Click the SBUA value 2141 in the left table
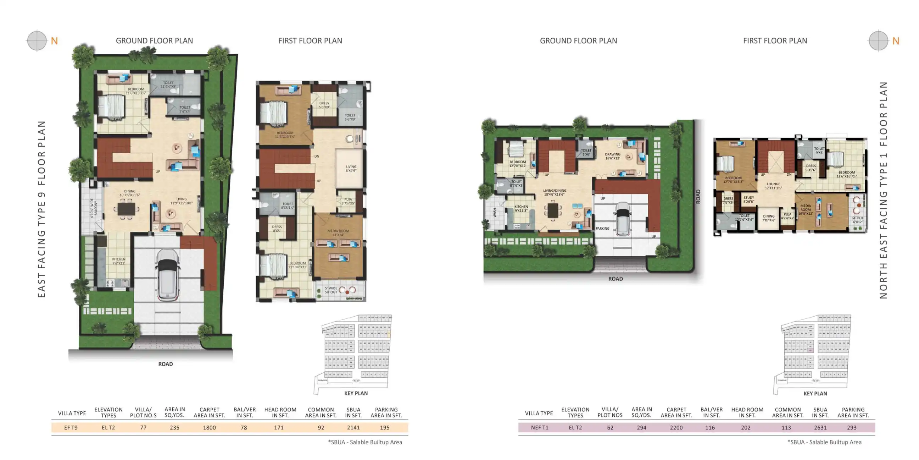click(x=353, y=427)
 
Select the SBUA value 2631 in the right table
click(x=820, y=427)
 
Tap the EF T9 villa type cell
click(x=71, y=427)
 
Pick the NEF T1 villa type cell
click(x=539, y=427)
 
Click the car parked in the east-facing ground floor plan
click(x=167, y=274)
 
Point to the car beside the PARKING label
click(x=623, y=219)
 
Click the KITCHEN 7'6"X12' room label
click(x=119, y=261)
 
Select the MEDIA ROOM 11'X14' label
click(x=338, y=233)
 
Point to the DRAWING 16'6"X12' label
click(x=613, y=156)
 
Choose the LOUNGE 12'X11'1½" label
click(x=773, y=186)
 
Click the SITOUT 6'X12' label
click(x=858, y=220)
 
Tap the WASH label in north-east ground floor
click(x=495, y=213)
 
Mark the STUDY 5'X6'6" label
click(x=748, y=199)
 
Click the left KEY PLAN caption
click(x=356, y=393)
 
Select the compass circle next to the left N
click(x=37, y=41)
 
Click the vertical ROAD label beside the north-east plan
click(x=698, y=196)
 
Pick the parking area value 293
click(x=852, y=427)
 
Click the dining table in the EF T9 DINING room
click(x=126, y=209)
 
